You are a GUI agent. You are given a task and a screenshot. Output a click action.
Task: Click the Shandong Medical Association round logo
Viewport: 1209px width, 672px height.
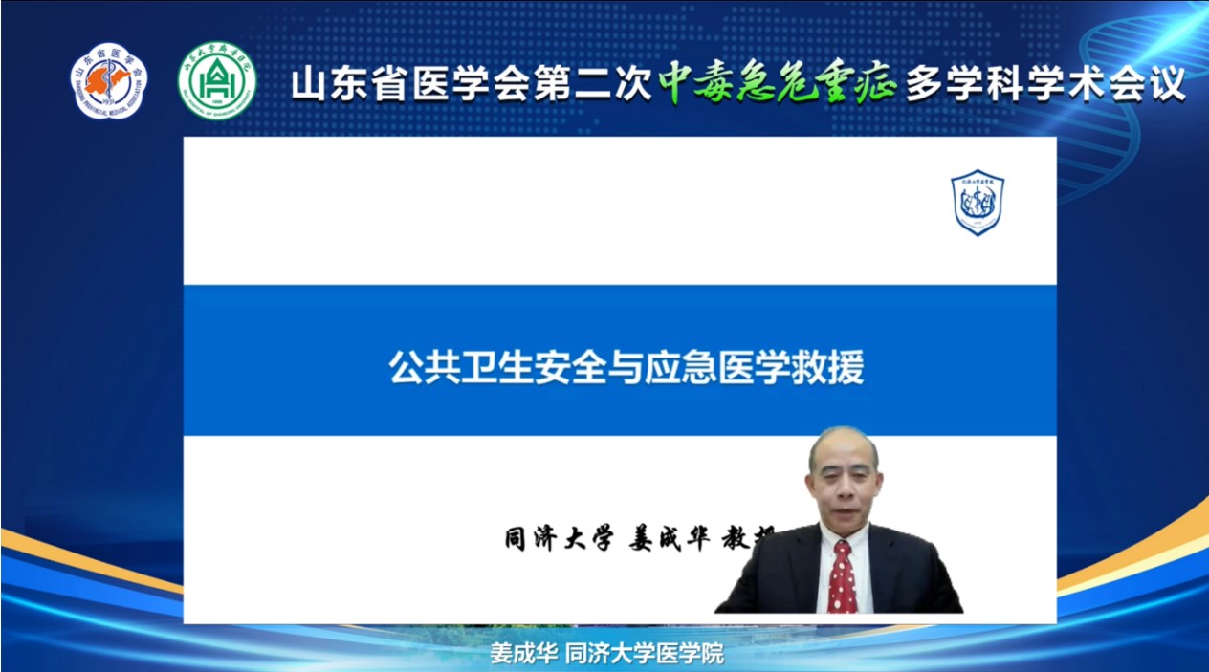pos(109,81)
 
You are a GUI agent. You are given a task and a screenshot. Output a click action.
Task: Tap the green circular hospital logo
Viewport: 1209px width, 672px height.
pos(216,81)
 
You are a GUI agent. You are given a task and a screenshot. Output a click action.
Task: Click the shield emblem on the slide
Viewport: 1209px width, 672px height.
pos(977,203)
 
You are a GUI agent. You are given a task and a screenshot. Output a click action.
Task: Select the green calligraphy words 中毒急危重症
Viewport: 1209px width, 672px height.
pos(777,84)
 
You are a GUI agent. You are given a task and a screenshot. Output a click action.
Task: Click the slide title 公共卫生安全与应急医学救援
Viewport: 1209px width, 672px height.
pos(626,366)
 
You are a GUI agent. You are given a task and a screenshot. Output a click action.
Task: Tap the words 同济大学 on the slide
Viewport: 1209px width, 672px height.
pos(558,538)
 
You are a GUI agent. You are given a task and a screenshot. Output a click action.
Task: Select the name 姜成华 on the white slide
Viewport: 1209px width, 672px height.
pos(669,538)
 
